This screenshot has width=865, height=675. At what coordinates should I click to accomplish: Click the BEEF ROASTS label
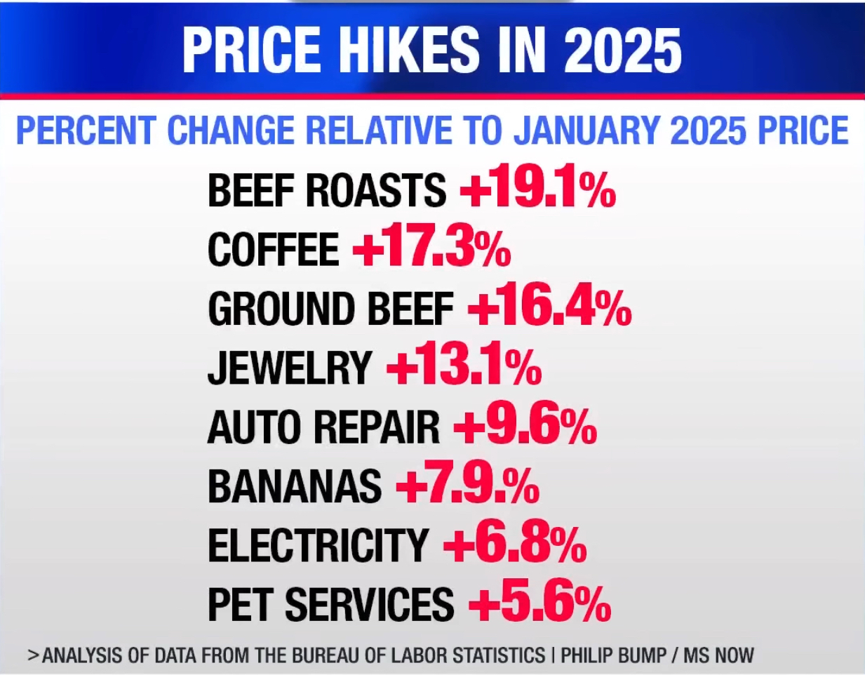tap(327, 190)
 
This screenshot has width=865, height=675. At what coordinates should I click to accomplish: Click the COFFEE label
tap(274, 250)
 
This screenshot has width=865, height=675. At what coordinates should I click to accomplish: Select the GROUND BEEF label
tap(331, 309)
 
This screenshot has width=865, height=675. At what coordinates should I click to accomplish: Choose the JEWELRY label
tap(289, 368)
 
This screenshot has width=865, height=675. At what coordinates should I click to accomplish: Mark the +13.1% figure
tap(464, 367)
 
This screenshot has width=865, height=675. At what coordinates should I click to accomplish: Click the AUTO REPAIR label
tap(323, 427)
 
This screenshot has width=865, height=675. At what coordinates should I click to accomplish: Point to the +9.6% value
tap(525, 426)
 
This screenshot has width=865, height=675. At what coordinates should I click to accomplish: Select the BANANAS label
tap(295, 486)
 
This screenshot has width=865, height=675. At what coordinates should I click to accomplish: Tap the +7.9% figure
tap(468, 485)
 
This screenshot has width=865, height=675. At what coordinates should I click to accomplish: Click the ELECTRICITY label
tap(318, 545)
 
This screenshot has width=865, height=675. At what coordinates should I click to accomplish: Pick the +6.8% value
tap(515, 544)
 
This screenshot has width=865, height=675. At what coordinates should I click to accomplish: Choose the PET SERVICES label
tap(331, 605)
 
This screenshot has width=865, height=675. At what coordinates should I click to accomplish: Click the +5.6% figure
tap(539, 603)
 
